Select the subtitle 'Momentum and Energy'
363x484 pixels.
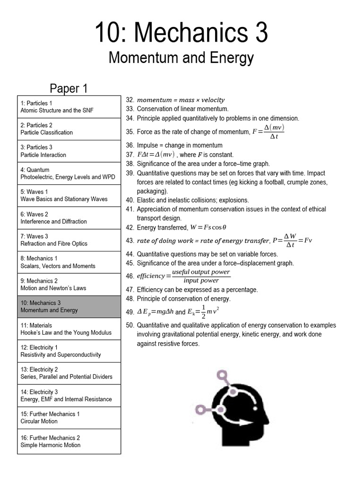tap(181, 58)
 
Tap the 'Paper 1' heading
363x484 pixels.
tap(69, 88)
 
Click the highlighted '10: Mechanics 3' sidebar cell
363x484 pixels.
tap(69, 307)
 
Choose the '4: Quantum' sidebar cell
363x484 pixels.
tap(69, 173)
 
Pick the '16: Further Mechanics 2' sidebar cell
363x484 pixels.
tap(69, 441)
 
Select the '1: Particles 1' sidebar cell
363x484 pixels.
tap(69, 107)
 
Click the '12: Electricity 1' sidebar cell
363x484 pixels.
tap(69, 351)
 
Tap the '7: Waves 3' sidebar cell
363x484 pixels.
tap(69, 240)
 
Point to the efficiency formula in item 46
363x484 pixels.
tap(183, 276)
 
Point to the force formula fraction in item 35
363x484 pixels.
tap(268, 132)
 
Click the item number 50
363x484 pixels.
tap(130, 325)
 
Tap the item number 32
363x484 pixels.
tap(130, 100)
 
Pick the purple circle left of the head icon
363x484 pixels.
tap(201, 409)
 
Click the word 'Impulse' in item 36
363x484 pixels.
tap(148, 146)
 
